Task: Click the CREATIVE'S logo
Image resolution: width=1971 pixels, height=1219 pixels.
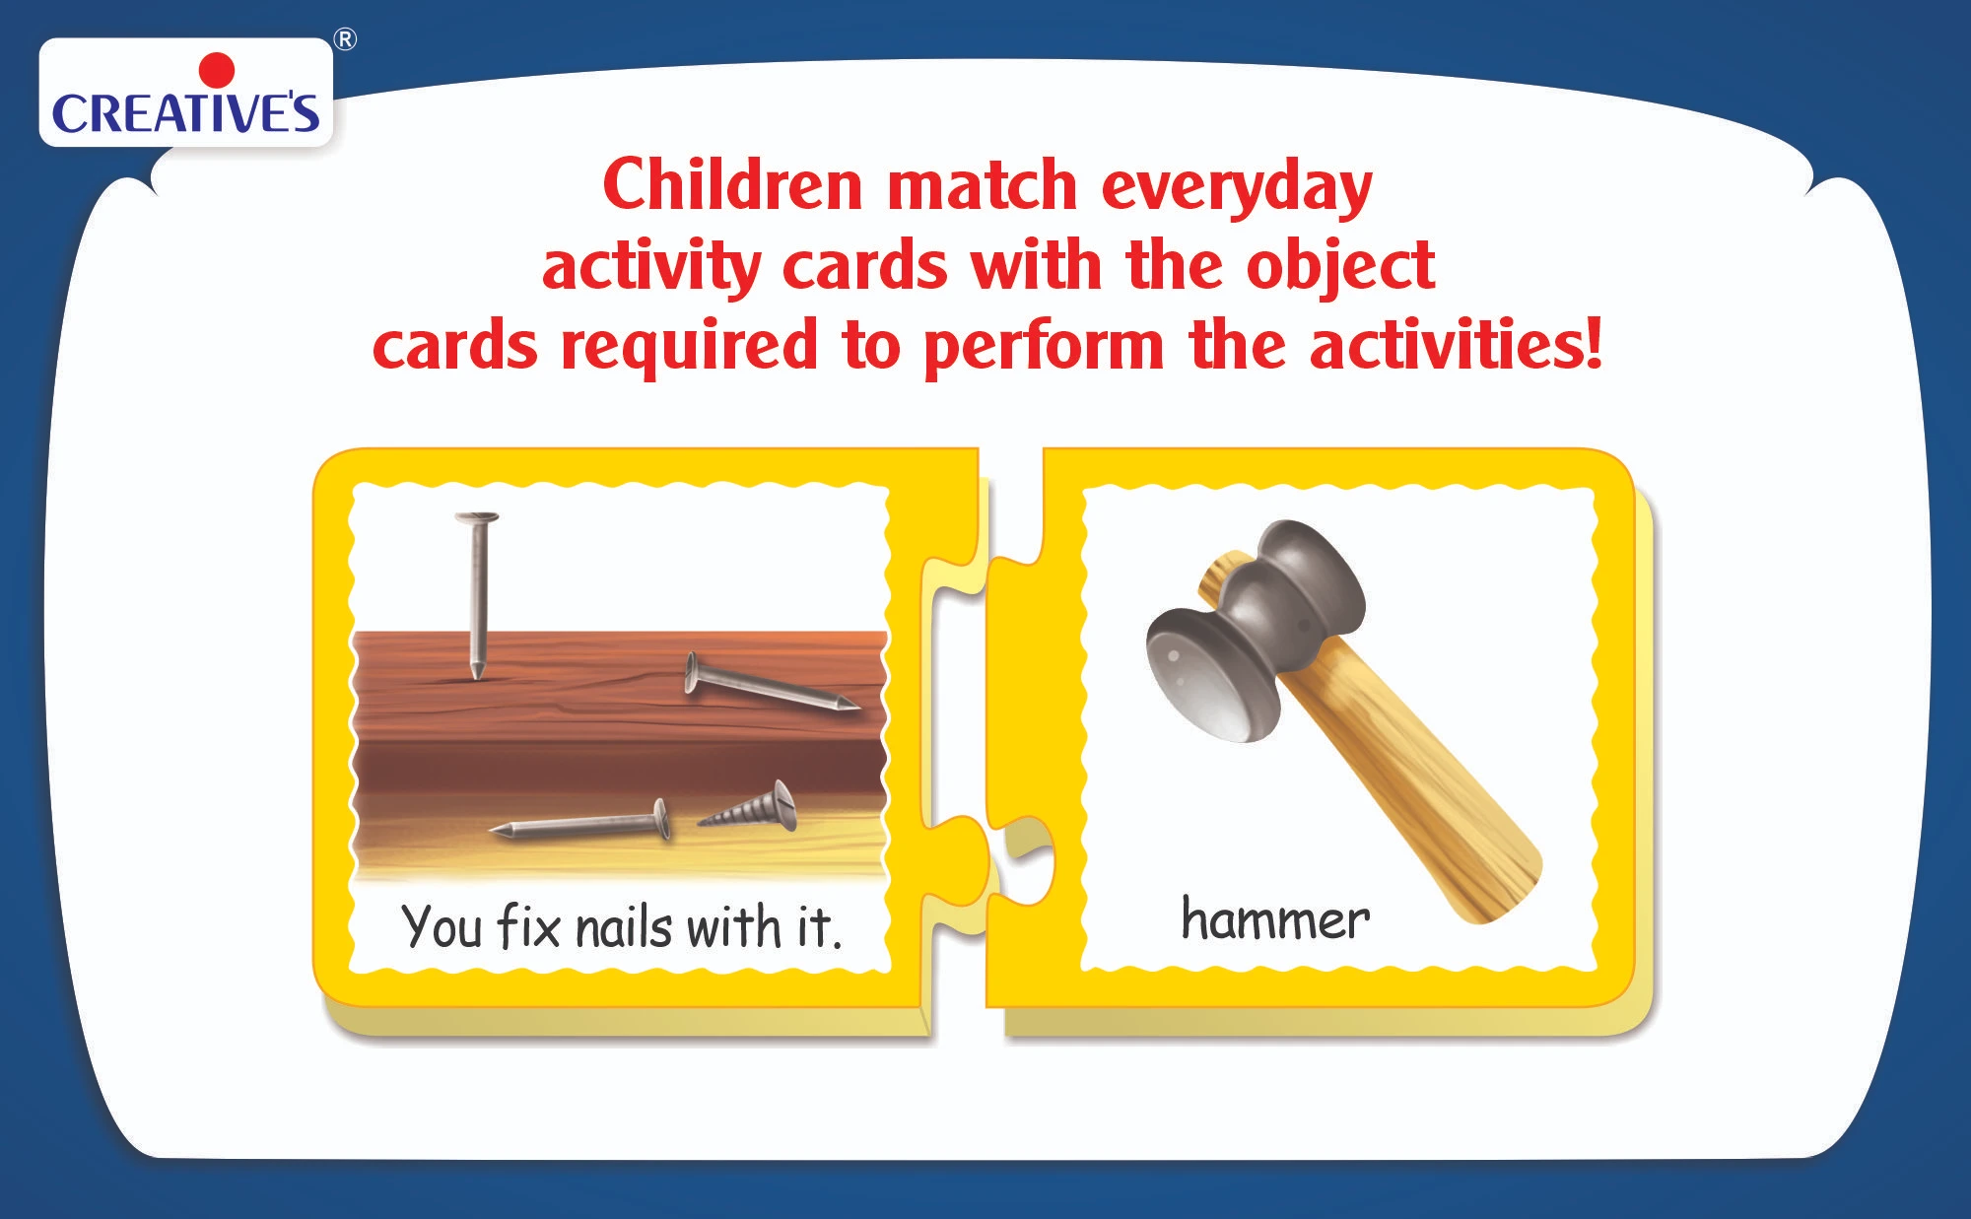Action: tap(186, 100)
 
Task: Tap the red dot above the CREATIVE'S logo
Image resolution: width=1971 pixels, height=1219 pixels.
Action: tap(217, 71)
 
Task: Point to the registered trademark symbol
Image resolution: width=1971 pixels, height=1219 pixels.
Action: tap(345, 40)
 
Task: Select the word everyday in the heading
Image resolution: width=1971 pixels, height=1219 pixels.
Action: tap(1236, 189)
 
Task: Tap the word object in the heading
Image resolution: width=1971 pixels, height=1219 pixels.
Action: tap(1340, 268)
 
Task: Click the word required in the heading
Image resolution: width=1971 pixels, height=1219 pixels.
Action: tap(689, 348)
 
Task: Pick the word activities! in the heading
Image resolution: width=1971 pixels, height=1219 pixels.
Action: tap(1456, 344)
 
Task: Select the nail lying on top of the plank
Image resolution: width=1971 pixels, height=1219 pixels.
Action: tap(771, 686)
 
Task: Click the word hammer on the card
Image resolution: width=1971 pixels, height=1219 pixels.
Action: tap(1275, 920)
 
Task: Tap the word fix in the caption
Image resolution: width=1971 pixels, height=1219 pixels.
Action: tap(529, 926)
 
